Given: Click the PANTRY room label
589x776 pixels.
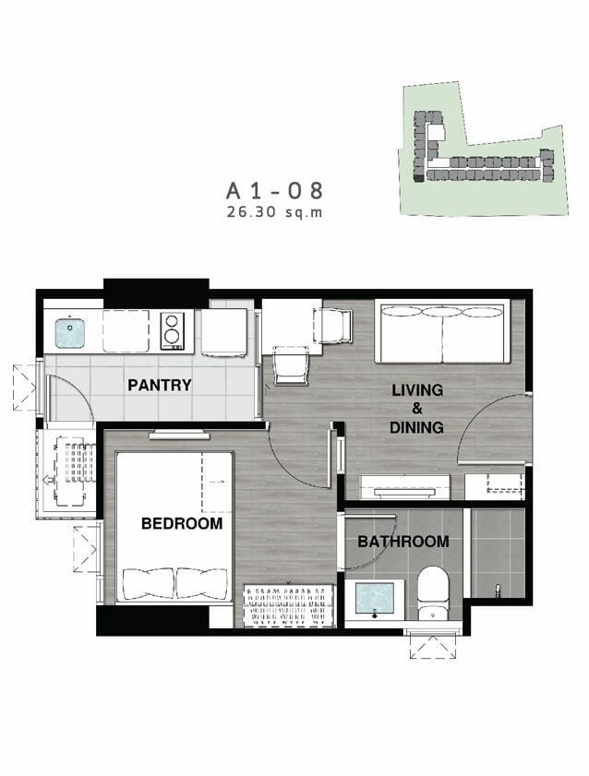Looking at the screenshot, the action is (160, 385).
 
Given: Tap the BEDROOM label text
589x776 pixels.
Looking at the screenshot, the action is (182, 523).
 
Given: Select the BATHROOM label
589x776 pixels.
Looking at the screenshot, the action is (403, 542).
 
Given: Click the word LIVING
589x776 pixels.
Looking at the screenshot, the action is (417, 390).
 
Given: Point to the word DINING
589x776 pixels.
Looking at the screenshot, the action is (416, 427).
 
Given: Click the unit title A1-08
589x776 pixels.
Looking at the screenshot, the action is (275, 190).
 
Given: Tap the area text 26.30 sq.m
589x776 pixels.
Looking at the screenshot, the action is (275, 212).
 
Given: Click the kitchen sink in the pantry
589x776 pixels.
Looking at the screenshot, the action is (69, 331).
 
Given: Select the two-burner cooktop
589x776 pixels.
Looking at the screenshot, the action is (173, 329).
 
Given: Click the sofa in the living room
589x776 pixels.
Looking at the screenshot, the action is (442, 330).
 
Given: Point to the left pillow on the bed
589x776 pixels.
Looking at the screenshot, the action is (149, 583).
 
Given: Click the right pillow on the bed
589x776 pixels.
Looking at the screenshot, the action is (202, 583).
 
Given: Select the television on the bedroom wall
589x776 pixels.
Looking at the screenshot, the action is (179, 435).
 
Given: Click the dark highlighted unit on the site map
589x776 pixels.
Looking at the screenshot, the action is (419, 179).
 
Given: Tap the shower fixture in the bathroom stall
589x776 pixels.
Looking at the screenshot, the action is (499, 589).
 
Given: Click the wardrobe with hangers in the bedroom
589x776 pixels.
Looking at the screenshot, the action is (289, 605).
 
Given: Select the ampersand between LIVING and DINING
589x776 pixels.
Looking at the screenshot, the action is (417, 408).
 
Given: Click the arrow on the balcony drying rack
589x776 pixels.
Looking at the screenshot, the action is (49, 479).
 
